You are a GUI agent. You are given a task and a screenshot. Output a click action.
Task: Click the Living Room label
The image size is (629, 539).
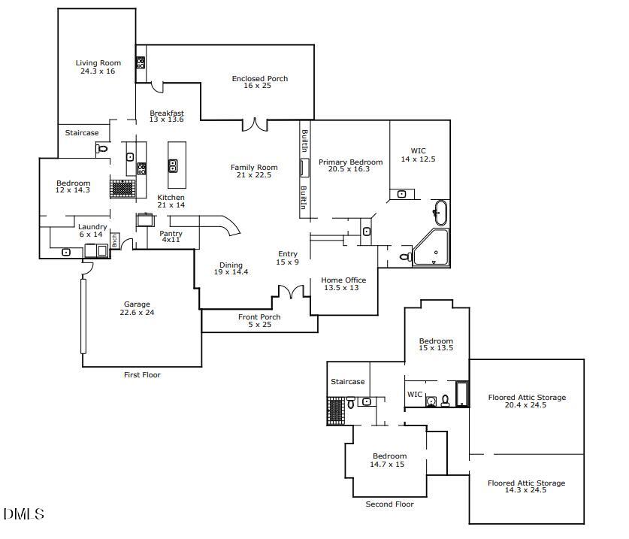pyautogui.click(x=98, y=63)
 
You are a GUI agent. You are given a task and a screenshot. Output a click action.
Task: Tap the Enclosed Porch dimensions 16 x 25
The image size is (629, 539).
pyautogui.click(x=259, y=86)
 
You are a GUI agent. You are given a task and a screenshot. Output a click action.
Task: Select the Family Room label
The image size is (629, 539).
pyautogui.click(x=254, y=168)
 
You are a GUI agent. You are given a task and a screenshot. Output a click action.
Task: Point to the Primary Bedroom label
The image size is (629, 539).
pyautogui.click(x=350, y=162)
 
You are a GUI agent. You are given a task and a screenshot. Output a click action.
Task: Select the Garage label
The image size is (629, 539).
pyautogui.click(x=137, y=304)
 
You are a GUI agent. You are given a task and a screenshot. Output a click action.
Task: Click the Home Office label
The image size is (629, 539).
pyautogui.click(x=344, y=280)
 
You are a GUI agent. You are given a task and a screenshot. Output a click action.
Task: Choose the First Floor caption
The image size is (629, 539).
pyautogui.click(x=142, y=374)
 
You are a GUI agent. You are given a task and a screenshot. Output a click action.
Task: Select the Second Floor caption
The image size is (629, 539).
pyautogui.click(x=389, y=504)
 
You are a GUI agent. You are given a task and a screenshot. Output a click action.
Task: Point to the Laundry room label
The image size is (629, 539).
pyautogui.click(x=92, y=227)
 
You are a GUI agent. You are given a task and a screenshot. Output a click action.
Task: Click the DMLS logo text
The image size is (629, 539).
pyautogui.click(x=23, y=515)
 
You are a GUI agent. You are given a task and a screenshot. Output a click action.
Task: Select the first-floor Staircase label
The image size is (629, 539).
pyautogui.click(x=81, y=133)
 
